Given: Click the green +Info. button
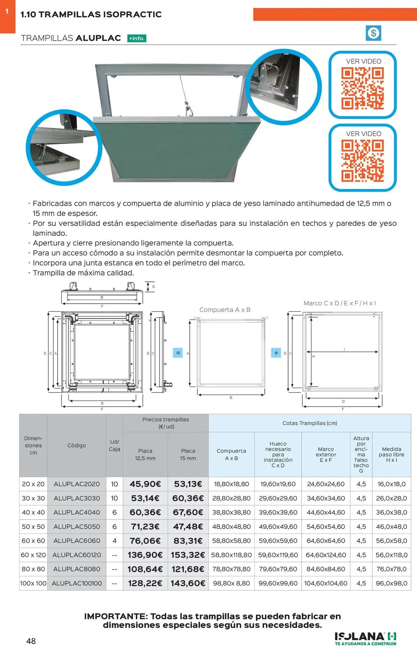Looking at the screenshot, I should [x=137, y=39].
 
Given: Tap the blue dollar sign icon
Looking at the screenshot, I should [x=374, y=33].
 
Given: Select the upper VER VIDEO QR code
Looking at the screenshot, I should [x=362, y=88].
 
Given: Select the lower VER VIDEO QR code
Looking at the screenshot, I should [x=362, y=161].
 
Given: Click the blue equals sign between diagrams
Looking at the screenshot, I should [x=178, y=353].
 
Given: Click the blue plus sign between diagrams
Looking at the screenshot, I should [x=276, y=353].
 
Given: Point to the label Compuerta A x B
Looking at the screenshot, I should [x=225, y=310].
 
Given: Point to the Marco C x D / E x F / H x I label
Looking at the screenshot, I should [x=340, y=303].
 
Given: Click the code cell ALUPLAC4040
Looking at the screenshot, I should [x=77, y=512].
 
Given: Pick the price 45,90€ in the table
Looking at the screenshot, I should [x=145, y=484].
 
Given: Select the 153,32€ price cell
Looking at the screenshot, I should [x=188, y=555].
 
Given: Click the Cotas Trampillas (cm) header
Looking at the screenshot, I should [x=310, y=423].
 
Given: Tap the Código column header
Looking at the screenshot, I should [x=77, y=445].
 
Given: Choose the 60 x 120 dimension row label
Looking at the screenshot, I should [x=33, y=555].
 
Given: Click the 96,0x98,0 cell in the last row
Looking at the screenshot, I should [x=392, y=583].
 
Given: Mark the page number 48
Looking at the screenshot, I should [x=31, y=641].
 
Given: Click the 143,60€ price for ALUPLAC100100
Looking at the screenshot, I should [x=188, y=583].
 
